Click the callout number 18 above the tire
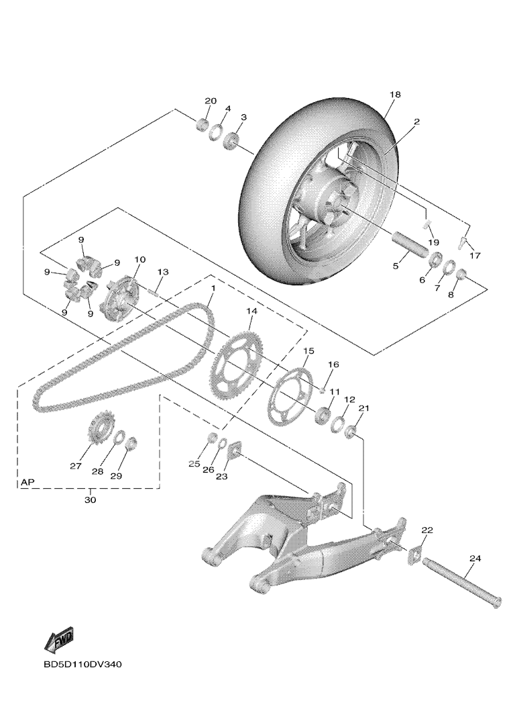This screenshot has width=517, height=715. pos(395,95)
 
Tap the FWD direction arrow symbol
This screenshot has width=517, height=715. pos(59,640)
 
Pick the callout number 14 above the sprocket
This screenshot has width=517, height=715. pos(251,312)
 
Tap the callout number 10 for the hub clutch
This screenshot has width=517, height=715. pos(139,259)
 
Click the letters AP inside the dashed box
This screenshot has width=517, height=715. pos(27,482)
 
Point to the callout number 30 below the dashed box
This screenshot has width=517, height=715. pos(91,500)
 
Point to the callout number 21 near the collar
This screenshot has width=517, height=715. pos(364,408)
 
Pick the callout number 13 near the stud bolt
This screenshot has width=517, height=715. pos(162,271)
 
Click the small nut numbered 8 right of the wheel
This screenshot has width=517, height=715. pos(461,275)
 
